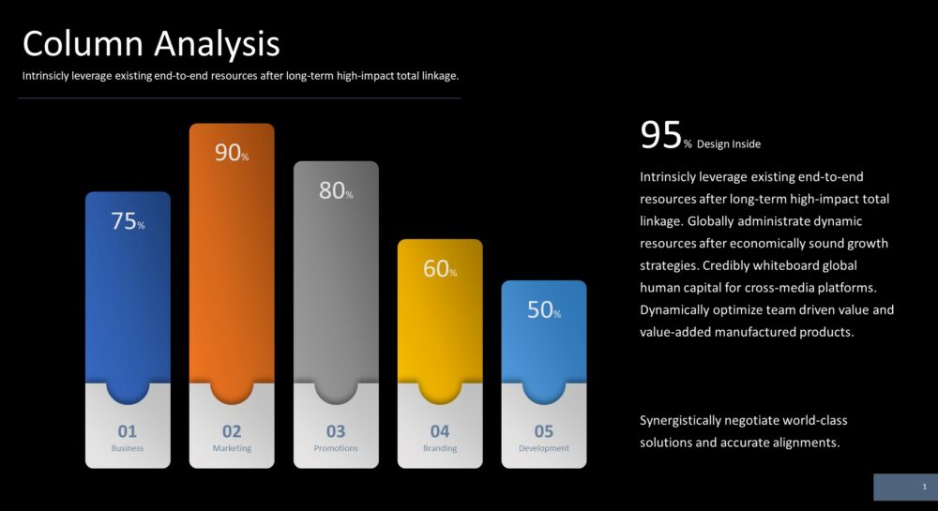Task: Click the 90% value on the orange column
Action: tap(232, 153)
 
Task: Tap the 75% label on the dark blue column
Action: tap(128, 221)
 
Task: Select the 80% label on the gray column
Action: tap(336, 190)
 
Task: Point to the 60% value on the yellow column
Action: tap(440, 268)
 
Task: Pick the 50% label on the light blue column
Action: tap(544, 309)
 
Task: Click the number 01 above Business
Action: tap(127, 431)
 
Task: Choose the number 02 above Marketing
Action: tap(232, 431)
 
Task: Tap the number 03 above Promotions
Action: tap(336, 431)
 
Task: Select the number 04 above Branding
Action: tap(440, 431)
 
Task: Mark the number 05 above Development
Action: tap(544, 431)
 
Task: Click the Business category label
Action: tap(128, 448)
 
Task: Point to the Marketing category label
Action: tap(232, 448)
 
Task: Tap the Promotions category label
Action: tap(336, 448)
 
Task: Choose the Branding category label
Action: tap(440, 448)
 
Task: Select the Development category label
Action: tap(544, 448)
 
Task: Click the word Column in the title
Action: tap(83, 44)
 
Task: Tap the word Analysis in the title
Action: tap(217, 45)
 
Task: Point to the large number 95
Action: tap(660, 134)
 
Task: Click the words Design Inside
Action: tap(729, 144)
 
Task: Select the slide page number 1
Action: tap(924, 488)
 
